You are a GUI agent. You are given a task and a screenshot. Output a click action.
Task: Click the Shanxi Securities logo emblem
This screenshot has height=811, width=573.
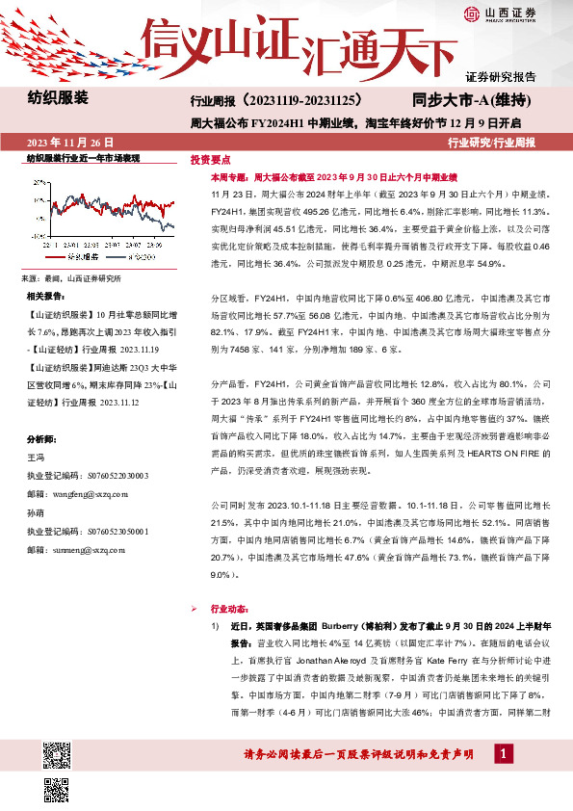tap(472, 13)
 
